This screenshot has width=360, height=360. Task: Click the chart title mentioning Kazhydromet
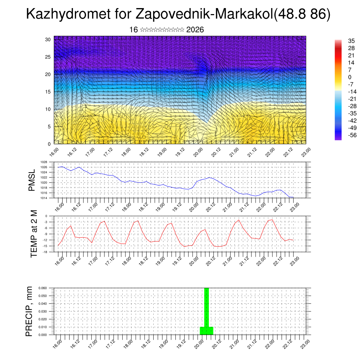(178, 15)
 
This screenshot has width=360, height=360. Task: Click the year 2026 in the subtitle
(195, 30)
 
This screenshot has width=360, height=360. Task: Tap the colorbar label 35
(352, 41)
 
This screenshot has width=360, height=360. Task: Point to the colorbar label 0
(349, 77)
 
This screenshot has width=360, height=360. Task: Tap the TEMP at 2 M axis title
(34, 234)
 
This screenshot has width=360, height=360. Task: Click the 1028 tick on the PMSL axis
(44, 162)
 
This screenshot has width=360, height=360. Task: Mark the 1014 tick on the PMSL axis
(44, 198)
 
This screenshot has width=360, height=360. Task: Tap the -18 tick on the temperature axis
(45, 252)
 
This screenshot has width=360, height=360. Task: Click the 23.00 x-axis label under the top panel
(305, 153)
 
